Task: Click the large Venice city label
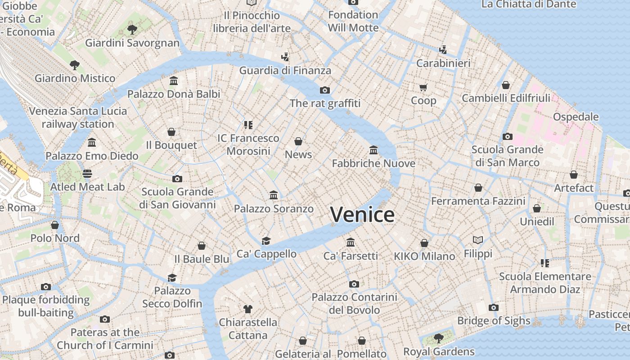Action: (x=362, y=215)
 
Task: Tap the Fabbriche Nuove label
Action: (x=373, y=163)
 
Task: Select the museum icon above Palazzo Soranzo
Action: (x=274, y=195)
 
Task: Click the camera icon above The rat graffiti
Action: (x=325, y=90)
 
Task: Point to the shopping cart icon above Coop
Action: (x=423, y=87)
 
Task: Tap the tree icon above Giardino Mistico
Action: (x=75, y=65)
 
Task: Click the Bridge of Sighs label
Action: (x=494, y=320)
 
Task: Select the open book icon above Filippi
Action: (x=478, y=240)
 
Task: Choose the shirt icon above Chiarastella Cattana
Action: (x=248, y=309)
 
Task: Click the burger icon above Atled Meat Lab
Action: (x=87, y=174)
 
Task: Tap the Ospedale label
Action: (x=576, y=117)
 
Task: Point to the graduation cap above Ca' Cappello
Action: (x=266, y=241)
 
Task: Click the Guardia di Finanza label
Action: (x=285, y=71)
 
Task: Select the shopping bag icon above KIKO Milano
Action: (x=424, y=243)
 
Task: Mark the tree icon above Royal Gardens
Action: (x=438, y=338)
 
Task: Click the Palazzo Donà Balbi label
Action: (x=174, y=94)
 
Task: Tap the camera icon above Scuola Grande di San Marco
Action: (x=508, y=136)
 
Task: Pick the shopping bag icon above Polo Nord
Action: (x=55, y=225)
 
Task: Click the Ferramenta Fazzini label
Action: (x=478, y=201)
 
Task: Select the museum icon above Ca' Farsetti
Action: (x=351, y=243)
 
